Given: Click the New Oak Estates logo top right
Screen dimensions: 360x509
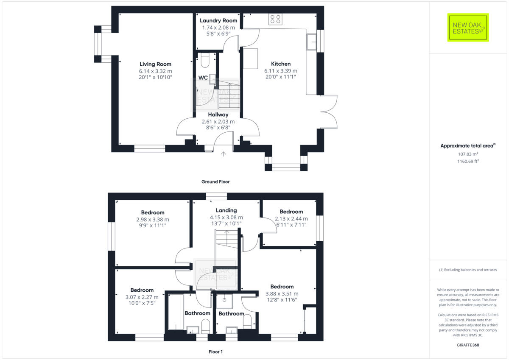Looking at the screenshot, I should [x=468, y=28].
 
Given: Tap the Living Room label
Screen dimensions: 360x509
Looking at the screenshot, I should [x=155, y=64].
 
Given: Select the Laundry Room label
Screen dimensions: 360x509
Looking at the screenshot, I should [x=218, y=20].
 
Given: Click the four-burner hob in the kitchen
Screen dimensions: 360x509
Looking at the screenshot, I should [x=275, y=20].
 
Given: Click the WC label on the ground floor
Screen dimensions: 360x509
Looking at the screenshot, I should [x=203, y=78].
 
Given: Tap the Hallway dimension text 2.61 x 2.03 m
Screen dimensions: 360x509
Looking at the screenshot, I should [x=218, y=121].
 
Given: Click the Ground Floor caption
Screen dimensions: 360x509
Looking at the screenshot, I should [x=215, y=181].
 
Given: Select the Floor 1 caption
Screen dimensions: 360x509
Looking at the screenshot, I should [x=215, y=352].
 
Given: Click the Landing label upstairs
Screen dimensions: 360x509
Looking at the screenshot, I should [x=226, y=210].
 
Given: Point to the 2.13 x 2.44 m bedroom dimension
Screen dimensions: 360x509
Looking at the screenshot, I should [x=291, y=218].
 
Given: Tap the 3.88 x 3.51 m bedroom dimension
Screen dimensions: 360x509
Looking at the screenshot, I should [x=282, y=293].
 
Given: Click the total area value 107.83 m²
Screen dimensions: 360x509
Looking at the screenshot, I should [x=468, y=154].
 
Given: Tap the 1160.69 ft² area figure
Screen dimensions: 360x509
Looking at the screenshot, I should [x=468, y=161].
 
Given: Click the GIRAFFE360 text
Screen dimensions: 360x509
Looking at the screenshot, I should [x=468, y=345].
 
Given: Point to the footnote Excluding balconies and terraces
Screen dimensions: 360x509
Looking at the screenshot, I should [x=468, y=270].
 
